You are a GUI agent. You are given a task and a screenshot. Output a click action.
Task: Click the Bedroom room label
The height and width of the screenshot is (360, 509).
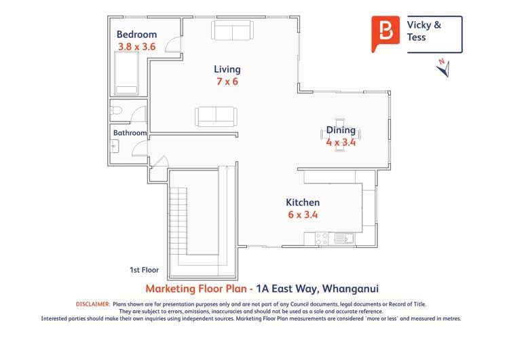click(136, 35)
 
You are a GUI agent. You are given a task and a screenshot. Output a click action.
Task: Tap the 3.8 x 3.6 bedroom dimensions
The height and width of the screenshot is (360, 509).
click(136, 47)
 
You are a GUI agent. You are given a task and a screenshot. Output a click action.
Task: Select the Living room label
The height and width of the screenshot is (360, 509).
click(227, 69)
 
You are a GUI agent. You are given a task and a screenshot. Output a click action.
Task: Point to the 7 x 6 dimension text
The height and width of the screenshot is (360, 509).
click(227, 82)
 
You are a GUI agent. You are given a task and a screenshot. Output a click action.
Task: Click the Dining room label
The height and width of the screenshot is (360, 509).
click(341, 130)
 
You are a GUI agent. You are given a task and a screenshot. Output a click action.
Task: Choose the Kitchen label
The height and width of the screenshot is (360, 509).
click(303, 202)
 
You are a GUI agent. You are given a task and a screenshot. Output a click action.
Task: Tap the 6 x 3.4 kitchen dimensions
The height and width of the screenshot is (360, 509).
click(303, 215)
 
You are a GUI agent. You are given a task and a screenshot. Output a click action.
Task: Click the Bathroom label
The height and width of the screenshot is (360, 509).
click(130, 133)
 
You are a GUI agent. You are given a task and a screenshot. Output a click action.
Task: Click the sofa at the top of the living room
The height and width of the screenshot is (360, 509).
click(232, 31)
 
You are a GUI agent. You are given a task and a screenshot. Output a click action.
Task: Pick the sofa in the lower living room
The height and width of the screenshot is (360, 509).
click(216, 116)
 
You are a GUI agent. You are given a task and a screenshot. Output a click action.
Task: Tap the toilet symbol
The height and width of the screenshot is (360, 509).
click(116, 111)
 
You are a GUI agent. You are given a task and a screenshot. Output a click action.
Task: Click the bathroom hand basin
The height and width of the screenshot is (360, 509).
click(114, 145)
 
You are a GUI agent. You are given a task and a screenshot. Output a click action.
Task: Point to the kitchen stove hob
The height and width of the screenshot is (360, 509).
click(322, 238)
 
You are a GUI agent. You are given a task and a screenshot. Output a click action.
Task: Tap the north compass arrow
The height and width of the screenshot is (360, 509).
click(442, 67)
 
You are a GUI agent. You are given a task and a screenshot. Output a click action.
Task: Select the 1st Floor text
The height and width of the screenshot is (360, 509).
click(144, 270)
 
